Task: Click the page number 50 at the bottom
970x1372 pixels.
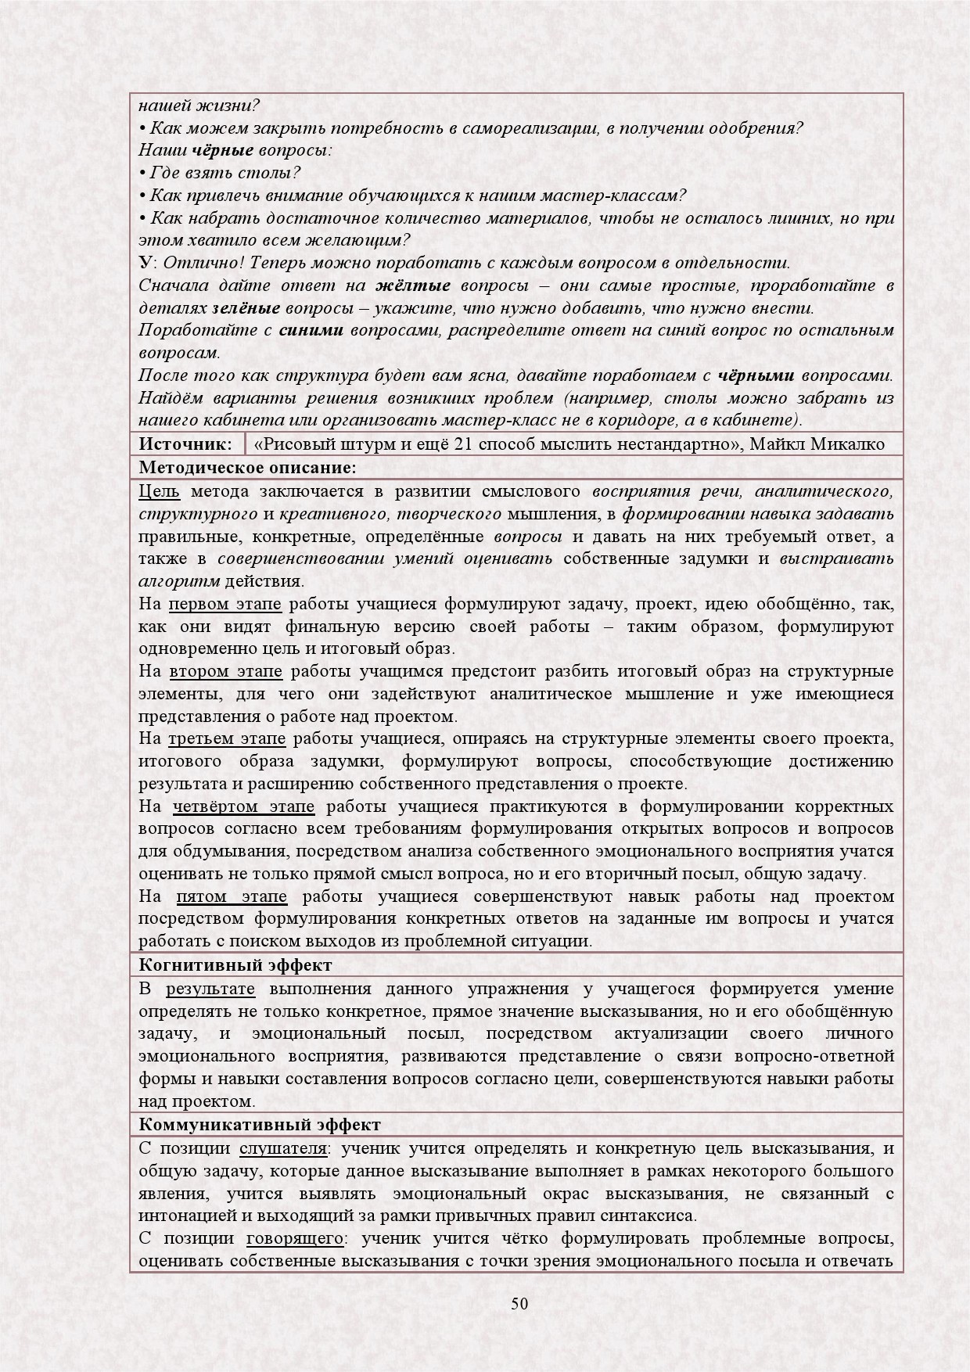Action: coord(519,1303)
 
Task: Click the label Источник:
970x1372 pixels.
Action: coord(185,444)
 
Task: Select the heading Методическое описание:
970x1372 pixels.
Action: coord(247,468)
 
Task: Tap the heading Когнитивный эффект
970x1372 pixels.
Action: coord(235,965)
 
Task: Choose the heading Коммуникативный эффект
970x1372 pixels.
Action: coord(260,1125)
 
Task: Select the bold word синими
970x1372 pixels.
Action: coord(311,331)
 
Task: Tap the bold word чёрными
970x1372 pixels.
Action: coord(756,375)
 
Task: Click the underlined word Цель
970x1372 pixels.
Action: coord(159,491)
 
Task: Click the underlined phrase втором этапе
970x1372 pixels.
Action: coord(225,672)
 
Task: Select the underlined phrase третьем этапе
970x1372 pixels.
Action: coord(227,739)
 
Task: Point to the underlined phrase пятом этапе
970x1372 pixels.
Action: coord(232,896)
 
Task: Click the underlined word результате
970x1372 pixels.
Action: coord(210,989)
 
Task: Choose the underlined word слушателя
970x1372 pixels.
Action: coord(282,1148)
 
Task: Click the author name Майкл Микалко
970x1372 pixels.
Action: coord(817,444)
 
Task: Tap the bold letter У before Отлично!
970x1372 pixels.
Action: coord(145,263)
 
